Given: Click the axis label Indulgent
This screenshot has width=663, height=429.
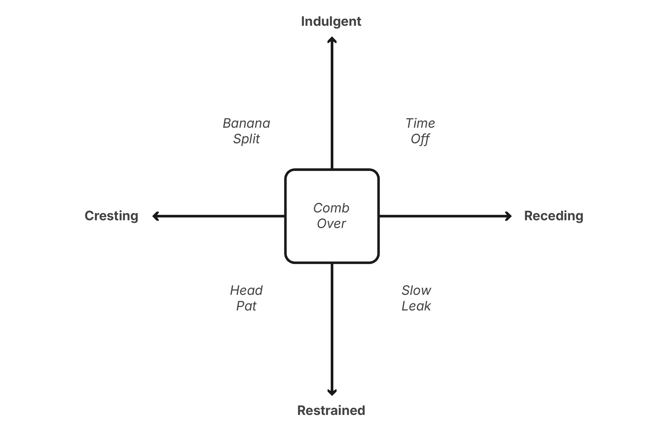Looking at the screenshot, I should click(331, 21).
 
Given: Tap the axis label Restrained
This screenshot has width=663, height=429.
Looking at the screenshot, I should click(331, 410).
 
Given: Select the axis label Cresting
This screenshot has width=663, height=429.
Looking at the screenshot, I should click(111, 216).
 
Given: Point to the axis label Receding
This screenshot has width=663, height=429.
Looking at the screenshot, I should click(553, 216).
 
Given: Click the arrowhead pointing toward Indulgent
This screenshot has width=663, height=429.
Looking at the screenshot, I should click(332, 40).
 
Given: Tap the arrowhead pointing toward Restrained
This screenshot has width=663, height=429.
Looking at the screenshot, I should click(332, 392).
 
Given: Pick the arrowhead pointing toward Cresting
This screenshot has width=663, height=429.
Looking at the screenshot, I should click(155, 216).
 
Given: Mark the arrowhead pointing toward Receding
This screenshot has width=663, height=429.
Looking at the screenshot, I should click(509, 216).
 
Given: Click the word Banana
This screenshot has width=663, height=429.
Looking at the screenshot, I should click(246, 123).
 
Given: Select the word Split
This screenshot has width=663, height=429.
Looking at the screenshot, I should click(246, 139).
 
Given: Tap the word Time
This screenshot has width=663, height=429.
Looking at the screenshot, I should click(420, 123).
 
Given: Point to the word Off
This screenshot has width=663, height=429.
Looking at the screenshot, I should click(420, 139).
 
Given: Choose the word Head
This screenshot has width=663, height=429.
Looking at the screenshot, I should click(246, 291).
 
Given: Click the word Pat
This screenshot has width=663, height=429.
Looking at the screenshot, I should click(246, 306).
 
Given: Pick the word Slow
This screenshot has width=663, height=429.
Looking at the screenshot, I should click(416, 291).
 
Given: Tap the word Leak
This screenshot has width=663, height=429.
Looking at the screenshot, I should click(416, 306).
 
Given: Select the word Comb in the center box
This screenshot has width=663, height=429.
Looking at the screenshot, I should click(331, 208).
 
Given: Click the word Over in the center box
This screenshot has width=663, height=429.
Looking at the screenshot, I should click(331, 224).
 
